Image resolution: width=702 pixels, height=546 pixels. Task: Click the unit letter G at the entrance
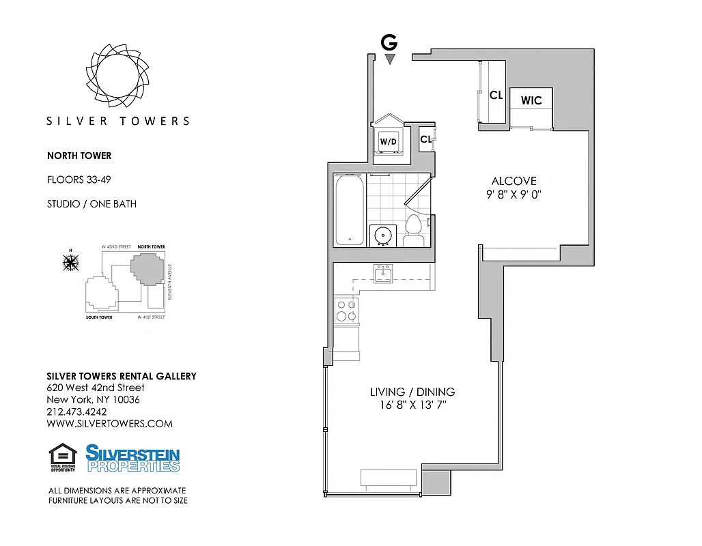click(x=389, y=42)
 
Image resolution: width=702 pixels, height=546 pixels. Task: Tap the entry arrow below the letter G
click(x=389, y=59)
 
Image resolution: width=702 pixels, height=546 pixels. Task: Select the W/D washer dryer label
click(x=388, y=142)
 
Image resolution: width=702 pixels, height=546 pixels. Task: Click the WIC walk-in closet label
click(x=531, y=100)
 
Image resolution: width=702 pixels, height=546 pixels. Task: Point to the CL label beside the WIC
click(x=496, y=96)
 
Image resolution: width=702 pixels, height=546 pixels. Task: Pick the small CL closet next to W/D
click(x=426, y=139)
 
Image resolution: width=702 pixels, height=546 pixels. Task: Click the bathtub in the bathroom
click(x=349, y=210)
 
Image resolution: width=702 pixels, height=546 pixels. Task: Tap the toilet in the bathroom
click(x=414, y=229)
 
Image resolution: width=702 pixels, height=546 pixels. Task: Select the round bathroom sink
click(x=382, y=235)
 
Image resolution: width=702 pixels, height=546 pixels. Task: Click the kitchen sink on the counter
click(x=383, y=275)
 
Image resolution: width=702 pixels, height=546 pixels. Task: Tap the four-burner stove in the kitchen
click(x=346, y=311)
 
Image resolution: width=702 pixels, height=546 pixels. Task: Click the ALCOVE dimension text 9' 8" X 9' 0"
click(x=514, y=194)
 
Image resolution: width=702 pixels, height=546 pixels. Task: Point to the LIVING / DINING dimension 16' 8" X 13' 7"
click(x=412, y=405)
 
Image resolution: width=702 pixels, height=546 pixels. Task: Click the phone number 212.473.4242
click(x=76, y=412)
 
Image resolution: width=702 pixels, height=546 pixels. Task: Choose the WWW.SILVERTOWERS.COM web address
click(x=109, y=423)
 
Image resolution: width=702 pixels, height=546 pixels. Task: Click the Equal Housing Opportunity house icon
click(x=63, y=457)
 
